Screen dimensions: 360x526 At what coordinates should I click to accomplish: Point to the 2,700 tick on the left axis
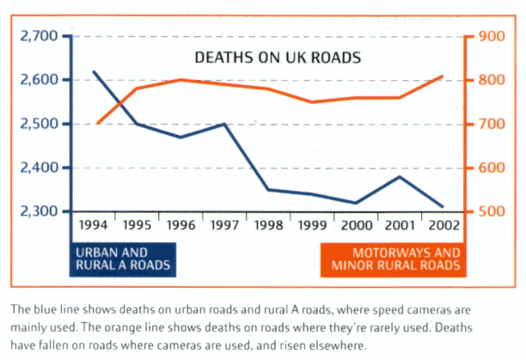tap(37, 36)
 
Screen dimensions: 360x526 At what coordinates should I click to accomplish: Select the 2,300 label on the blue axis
tap(37, 211)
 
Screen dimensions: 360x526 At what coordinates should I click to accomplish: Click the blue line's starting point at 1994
tap(93, 71)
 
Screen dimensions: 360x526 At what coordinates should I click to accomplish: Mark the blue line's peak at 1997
tap(224, 124)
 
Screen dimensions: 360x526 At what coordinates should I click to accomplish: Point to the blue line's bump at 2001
tap(400, 176)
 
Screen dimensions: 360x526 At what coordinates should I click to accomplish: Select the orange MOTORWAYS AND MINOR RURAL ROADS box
tap(391, 259)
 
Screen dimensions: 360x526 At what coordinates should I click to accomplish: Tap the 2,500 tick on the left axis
tap(37, 124)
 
